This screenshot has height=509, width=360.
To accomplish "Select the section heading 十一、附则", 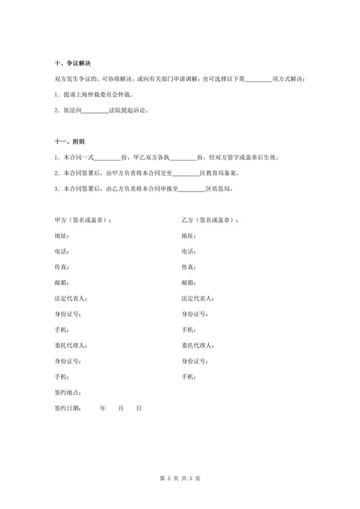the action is tap(72, 141).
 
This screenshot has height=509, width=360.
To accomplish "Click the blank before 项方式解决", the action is tap(259, 79).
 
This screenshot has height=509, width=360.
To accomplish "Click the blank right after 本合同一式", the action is tap(108, 157).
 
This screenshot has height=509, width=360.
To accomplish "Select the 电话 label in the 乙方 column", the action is tap(189, 251).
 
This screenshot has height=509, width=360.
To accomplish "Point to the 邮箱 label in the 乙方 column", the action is tap(189, 283).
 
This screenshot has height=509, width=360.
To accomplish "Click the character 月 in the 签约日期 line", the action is tap(121, 408).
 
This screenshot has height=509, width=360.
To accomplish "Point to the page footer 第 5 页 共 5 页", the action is tap(179, 477).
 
